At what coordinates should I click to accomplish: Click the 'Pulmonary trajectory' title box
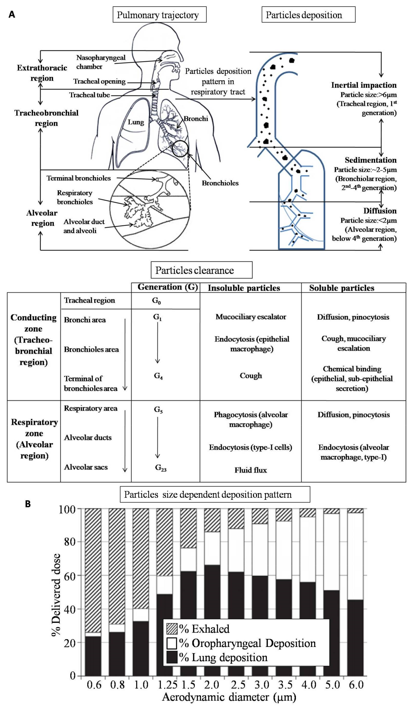tap(159, 15)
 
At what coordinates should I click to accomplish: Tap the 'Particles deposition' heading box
tap(308, 15)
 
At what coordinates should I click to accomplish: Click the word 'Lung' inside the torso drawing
tap(136, 122)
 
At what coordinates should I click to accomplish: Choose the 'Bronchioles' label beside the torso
tap(220, 183)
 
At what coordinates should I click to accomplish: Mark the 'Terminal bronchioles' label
tap(79, 178)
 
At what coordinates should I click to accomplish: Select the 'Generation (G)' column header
tap(168, 287)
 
